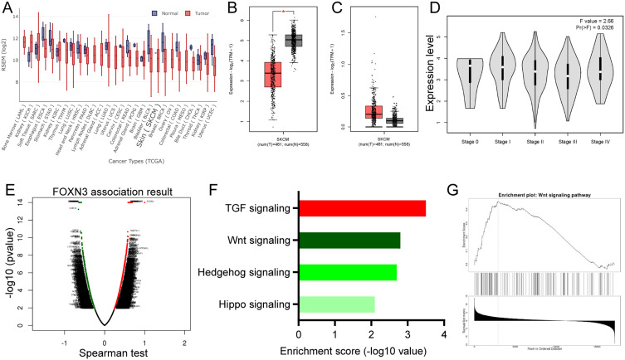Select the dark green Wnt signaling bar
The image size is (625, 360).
click(349, 241)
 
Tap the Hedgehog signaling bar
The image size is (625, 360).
click(348, 272)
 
